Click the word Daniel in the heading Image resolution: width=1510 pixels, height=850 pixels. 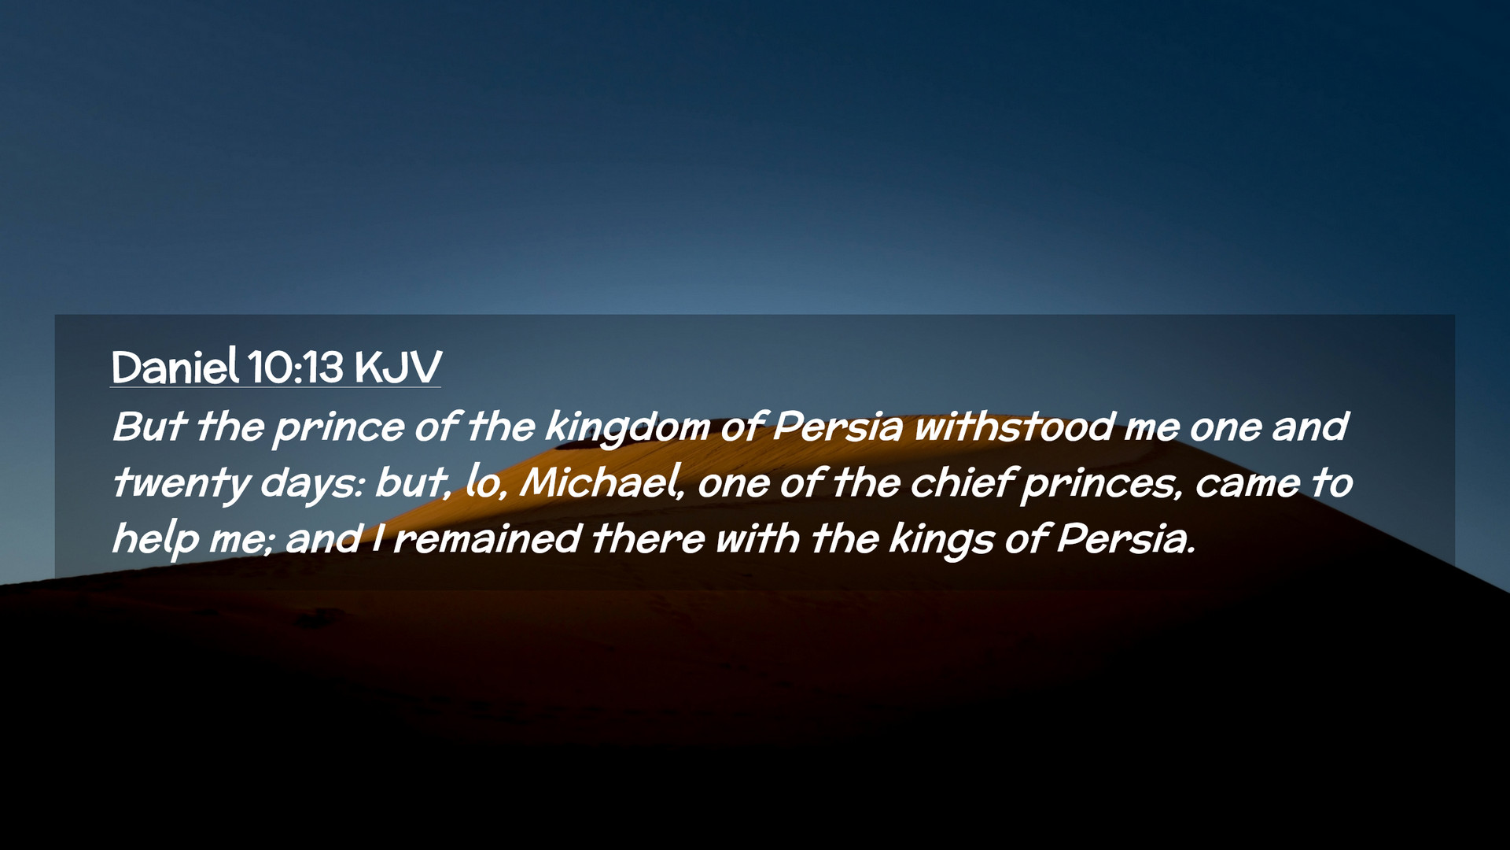[175, 367]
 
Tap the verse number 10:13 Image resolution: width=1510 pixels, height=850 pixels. [296, 367]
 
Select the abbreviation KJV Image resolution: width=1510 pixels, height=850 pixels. [398, 368]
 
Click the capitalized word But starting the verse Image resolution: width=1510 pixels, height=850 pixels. [149, 427]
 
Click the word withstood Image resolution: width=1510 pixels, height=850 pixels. [1015, 427]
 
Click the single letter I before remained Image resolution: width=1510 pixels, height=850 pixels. [378, 540]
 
